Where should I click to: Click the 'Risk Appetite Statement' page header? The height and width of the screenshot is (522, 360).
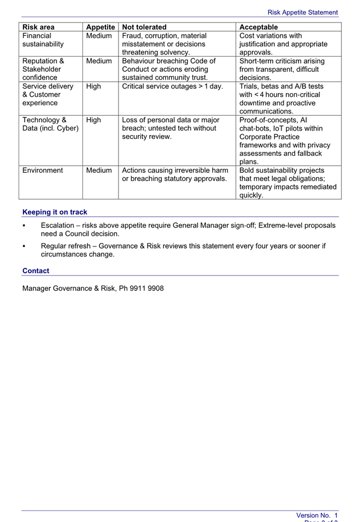pyautogui.click(x=302, y=12)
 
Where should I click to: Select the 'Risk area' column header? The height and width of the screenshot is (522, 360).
pyautogui.click(x=38, y=27)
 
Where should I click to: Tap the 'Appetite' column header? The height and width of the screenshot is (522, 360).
pyautogui.click(x=100, y=27)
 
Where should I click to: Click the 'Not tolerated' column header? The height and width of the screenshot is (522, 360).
pyautogui.click(x=144, y=27)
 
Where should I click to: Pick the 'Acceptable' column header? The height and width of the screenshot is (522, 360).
pyautogui.click(x=258, y=27)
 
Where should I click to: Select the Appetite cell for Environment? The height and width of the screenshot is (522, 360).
pyautogui.click(x=99, y=170)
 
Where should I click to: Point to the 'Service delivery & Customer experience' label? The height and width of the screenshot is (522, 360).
pyautogui.click(x=48, y=94)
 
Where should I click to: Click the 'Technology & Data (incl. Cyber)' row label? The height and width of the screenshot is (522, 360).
pyautogui.click(x=50, y=124)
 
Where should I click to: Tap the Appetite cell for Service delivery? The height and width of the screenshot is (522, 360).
pyautogui.click(x=94, y=86)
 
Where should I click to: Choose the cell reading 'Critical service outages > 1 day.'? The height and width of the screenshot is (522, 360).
pyautogui.click(x=172, y=86)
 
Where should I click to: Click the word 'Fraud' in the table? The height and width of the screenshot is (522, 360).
pyautogui.click(x=132, y=36)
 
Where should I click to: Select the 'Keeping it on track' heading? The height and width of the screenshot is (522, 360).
pyautogui.click(x=55, y=212)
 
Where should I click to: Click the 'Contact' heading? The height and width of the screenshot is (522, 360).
pyautogui.click(x=36, y=271)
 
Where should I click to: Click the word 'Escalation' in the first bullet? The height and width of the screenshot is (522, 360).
pyautogui.click(x=57, y=226)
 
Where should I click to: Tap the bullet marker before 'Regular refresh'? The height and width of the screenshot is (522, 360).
pyautogui.click(x=24, y=246)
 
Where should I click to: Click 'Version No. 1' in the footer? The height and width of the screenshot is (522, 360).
pyautogui.click(x=317, y=515)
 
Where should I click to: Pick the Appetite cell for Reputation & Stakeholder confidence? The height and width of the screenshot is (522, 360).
pyautogui.click(x=99, y=61)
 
